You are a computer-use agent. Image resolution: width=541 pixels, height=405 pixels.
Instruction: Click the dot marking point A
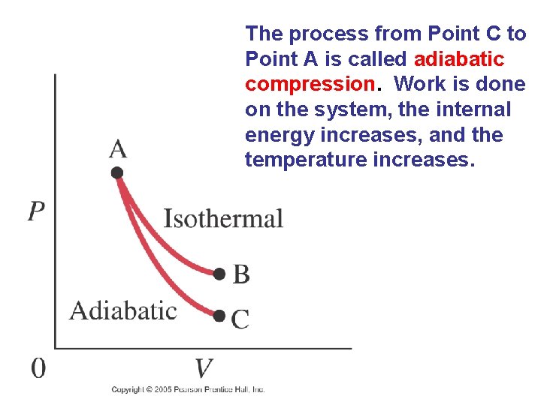pyautogui.click(x=117, y=173)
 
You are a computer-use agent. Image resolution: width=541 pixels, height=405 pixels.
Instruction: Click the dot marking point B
pyautogui.click(x=219, y=274)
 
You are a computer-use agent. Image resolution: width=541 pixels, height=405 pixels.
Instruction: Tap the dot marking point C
pyautogui.click(x=219, y=316)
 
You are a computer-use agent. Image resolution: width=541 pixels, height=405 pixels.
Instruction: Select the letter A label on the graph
pyautogui.click(x=118, y=149)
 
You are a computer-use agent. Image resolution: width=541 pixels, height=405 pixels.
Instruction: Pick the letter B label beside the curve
pyautogui.click(x=241, y=274)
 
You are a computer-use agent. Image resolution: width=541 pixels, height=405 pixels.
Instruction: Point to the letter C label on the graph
pyautogui.click(x=240, y=320)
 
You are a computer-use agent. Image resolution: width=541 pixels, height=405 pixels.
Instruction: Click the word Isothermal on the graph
pyautogui.click(x=223, y=219)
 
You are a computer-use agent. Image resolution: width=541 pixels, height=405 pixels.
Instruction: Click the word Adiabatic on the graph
pyautogui.click(x=123, y=310)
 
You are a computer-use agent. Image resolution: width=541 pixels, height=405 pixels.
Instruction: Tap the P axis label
pyautogui.click(x=36, y=212)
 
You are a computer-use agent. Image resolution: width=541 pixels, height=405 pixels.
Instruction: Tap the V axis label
pyautogui.click(x=204, y=369)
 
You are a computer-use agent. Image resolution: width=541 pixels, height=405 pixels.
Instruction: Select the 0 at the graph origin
pyautogui.click(x=38, y=368)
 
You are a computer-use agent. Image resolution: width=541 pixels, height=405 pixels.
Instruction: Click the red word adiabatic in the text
pyautogui.click(x=458, y=58)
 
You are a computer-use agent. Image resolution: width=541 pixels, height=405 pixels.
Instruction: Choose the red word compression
pyautogui.click(x=310, y=84)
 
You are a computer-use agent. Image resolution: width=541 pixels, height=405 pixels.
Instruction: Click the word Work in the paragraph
pyautogui.click(x=424, y=84)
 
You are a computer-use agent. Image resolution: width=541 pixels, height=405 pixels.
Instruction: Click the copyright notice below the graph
pyautogui.click(x=188, y=389)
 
